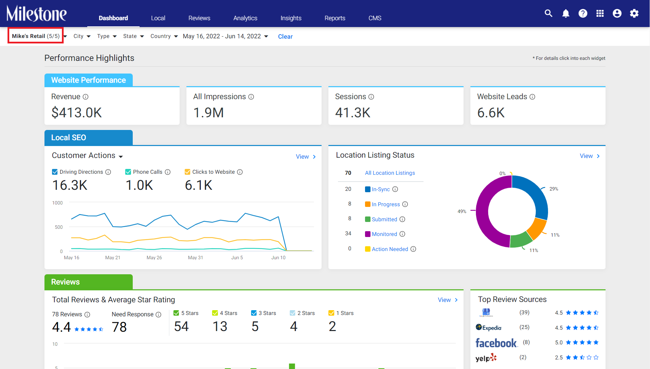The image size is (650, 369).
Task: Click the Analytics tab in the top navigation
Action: pos(245,18)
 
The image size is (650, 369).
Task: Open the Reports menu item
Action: pos(335,18)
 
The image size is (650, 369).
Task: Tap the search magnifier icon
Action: pos(548,13)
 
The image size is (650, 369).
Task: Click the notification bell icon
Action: pos(566,13)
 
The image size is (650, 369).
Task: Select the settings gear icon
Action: pos(634,13)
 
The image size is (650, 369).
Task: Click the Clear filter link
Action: pos(285,37)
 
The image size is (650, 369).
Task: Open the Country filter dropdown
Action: pos(164,36)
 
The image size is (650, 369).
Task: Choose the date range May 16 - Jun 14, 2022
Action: pos(225,36)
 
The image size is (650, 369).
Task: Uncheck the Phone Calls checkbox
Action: pos(128,172)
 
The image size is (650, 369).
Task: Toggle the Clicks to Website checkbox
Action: pos(187,172)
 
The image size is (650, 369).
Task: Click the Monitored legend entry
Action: pos(385,234)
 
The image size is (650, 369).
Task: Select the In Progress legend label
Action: pos(386,204)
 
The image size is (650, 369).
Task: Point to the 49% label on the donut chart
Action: pos(462,211)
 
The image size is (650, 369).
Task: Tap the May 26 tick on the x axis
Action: pos(154,258)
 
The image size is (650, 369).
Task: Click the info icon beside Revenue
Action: pos(86,97)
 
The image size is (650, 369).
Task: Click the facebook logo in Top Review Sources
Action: pos(496,343)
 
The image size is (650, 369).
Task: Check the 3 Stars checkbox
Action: pos(254,313)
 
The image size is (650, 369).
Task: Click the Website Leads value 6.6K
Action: pos(491,113)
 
